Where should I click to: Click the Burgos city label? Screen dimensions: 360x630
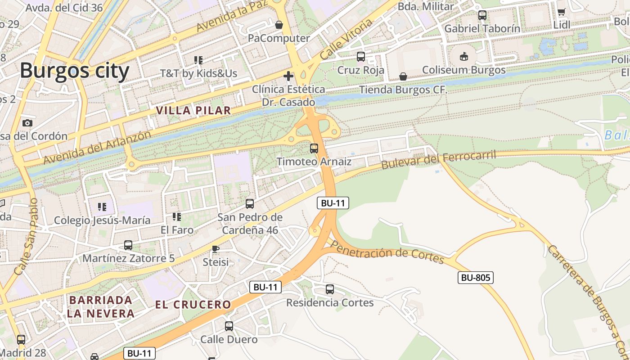coord(74,71)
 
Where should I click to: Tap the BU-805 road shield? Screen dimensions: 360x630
coord(476,278)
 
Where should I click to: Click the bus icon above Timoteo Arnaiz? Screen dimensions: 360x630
coord(314,148)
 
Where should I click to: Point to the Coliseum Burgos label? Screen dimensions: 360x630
coord(463,70)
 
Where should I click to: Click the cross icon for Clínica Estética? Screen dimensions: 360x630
coord(288,76)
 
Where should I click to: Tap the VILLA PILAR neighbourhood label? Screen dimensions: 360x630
coord(193,110)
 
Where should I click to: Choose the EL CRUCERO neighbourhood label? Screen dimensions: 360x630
coord(193,305)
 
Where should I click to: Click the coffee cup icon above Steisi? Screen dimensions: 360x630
coord(216,249)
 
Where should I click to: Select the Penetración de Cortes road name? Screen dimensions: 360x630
coord(387,252)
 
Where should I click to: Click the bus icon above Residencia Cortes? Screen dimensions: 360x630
coord(330,289)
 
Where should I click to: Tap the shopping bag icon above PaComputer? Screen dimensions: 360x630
coord(279,25)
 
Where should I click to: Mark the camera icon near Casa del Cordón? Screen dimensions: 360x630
coord(27,123)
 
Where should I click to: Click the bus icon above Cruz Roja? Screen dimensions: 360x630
coord(361,57)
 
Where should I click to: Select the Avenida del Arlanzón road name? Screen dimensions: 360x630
coord(97,147)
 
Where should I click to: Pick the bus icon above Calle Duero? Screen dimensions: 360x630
coord(229,326)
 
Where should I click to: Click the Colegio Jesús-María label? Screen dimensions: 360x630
coord(102,220)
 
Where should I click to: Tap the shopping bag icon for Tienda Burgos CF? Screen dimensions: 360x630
coord(403,77)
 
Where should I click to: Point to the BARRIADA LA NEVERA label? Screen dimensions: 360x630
coord(101,306)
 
